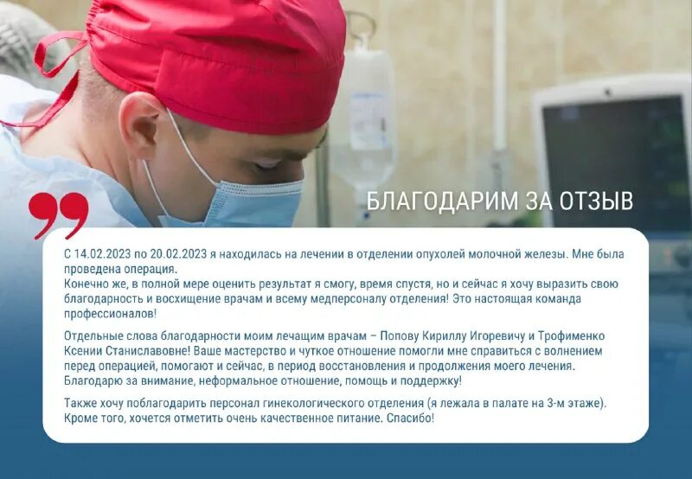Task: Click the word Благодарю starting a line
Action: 96,380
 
